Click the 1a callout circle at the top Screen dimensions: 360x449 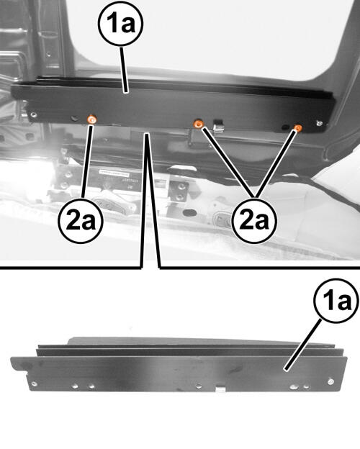pos(120,24)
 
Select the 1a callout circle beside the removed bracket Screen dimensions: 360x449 pos(336,301)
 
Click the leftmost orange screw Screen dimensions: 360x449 pos(92,119)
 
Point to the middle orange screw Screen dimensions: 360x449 pos(198,124)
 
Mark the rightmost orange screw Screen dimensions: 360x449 pos(298,127)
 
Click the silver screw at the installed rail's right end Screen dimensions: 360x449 pos(320,124)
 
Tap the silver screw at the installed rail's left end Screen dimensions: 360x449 pos(34,115)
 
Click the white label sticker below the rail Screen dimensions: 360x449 pos(114,173)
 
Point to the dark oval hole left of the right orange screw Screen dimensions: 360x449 pos(285,127)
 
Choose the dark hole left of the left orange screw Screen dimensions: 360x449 pos(75,118)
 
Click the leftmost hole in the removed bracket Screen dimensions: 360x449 pos(34,384)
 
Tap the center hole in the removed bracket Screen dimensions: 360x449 pos(199,386)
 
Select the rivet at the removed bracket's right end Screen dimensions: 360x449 pos(330,381)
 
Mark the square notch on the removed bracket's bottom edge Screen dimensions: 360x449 pos(220,389)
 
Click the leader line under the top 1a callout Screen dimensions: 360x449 pos(123,69)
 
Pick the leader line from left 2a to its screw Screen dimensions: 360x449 pos(87,160)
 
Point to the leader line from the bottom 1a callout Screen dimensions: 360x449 pos(302,345)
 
